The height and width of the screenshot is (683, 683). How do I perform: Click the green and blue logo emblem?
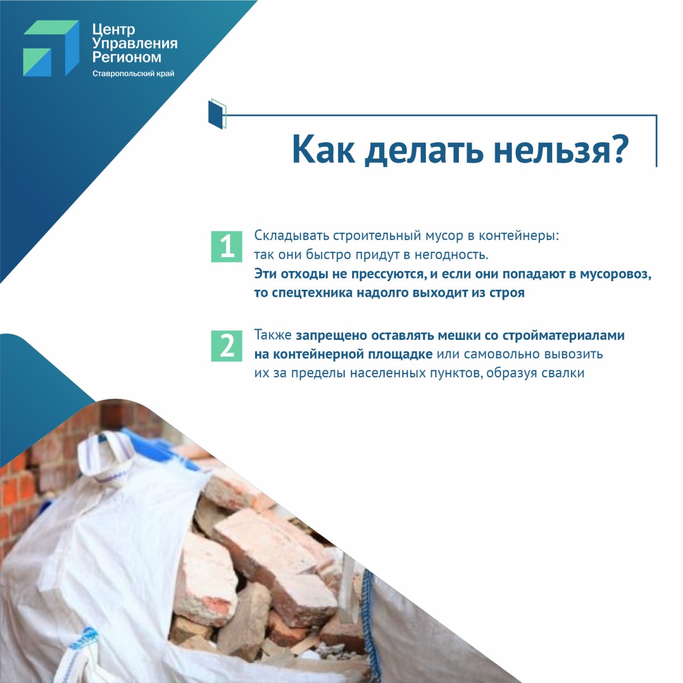51,48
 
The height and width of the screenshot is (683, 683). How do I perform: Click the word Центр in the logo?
114,30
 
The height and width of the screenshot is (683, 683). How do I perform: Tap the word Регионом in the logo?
126,57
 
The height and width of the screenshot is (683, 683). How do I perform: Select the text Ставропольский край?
133,74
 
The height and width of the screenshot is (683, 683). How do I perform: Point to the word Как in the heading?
323,149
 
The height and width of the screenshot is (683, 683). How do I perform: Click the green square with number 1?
226,247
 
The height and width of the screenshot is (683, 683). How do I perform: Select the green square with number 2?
226,346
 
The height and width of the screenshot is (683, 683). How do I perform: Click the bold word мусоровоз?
616,274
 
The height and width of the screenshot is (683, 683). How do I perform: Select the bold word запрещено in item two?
331,336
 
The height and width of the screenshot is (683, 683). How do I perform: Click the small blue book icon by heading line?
217,114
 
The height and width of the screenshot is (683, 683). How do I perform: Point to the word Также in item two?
273,335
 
